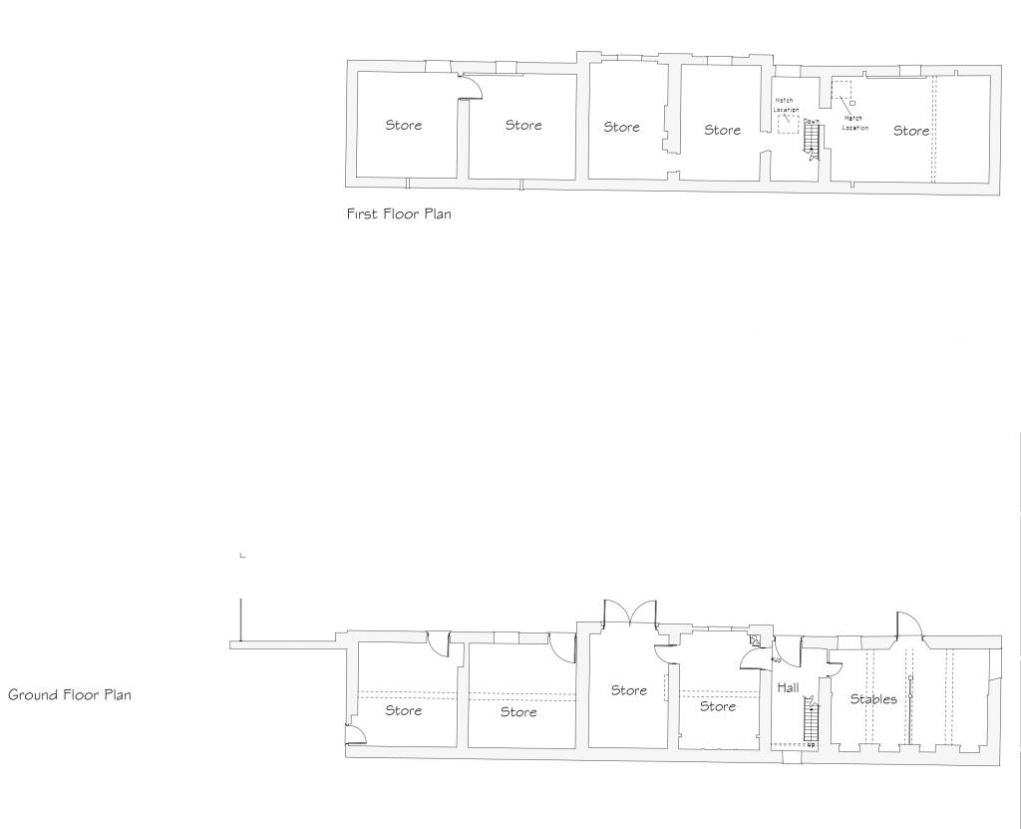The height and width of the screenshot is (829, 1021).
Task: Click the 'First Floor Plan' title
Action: [x=399, y=213]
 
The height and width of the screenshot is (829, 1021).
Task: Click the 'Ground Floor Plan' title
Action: [x=70, y=694]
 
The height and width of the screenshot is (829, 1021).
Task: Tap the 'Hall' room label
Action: [x=788, y=687]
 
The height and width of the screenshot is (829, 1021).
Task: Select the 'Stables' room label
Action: [x=872, y=699]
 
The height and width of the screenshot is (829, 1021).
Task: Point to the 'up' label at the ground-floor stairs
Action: [x=811, y=745]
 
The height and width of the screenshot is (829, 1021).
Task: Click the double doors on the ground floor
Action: [x=629, y=614]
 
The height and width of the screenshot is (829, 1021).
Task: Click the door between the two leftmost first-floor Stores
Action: [x=470, y=87]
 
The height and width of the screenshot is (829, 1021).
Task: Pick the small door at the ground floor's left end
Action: [x=355, y=735]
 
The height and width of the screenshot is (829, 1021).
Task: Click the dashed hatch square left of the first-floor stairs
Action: [x=789, y=124]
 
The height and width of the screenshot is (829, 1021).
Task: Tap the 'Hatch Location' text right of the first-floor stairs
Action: [x=854, y=123]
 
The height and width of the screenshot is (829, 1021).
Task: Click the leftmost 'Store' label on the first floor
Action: [x=404, y=125]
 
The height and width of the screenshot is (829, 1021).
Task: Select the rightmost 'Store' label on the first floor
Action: [x=911, y=131]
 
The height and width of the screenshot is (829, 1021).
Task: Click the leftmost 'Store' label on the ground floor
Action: [x=404, y=710]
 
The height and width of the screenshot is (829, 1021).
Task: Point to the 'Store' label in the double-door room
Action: [x=629, y=690]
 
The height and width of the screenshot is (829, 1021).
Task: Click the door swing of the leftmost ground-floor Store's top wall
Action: [x=438, y=643]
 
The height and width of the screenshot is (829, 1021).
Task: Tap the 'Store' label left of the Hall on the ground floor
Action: [x=718, y=706]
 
